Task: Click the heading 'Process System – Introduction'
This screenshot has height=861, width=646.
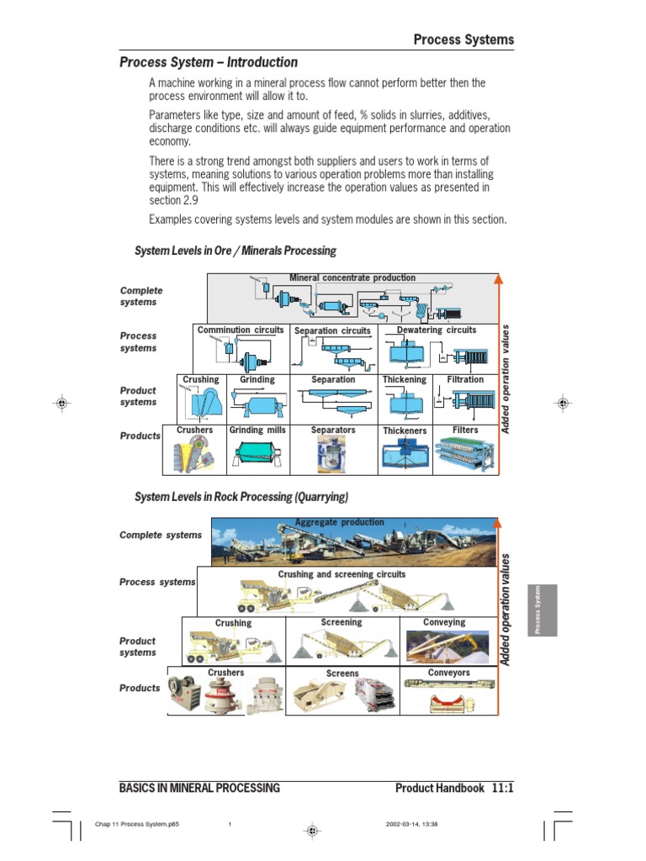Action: point(209,62)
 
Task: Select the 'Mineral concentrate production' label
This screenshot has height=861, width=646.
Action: point(352,277)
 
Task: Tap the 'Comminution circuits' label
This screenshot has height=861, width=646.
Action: point(241,330)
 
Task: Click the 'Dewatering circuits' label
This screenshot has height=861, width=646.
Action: point(436,330)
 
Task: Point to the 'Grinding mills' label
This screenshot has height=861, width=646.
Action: point(257,430)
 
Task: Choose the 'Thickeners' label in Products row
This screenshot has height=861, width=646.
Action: point(405,430)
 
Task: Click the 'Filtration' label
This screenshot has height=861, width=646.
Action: point(465,380)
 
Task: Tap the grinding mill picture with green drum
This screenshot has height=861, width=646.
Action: point(257,454)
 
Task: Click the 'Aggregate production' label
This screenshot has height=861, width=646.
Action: point(339,522)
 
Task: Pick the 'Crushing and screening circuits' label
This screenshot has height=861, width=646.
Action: point(342,574)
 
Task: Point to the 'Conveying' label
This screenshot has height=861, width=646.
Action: point(444,622)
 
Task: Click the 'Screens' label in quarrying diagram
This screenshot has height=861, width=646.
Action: point(342,673)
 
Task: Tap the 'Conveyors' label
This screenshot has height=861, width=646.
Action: point(448,673)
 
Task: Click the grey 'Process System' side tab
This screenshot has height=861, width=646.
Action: point(543,610)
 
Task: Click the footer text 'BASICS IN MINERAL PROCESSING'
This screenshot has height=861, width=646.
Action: point(199,788)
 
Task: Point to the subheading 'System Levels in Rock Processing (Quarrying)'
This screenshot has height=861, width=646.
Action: point(241,497)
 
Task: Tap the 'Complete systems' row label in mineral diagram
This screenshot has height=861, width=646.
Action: point(141,296)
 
